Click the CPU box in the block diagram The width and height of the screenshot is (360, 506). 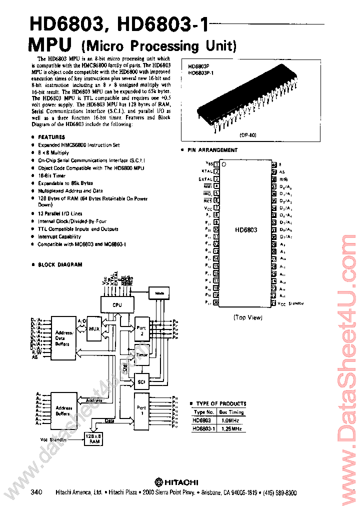pos(117,304)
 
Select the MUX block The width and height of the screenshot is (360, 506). pos(94,329)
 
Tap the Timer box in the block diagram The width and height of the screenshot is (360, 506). pos(142,354)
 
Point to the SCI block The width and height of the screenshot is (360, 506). pos(141,382)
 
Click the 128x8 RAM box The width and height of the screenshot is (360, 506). pos(93,438)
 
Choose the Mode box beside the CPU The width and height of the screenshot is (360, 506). pos(159,293)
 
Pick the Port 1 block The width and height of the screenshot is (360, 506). pos(141,410)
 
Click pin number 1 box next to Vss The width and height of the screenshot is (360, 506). pos(216,163)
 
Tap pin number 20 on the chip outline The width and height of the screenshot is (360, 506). pos(216,302)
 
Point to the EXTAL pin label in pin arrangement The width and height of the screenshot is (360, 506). pos(205,178)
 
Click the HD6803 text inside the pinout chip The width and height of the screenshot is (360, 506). pos(246,230)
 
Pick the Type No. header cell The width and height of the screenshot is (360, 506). pos(203,412)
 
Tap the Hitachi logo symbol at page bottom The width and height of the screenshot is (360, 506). pos(158,482)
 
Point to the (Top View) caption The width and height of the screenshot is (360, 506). pos(247,317)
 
